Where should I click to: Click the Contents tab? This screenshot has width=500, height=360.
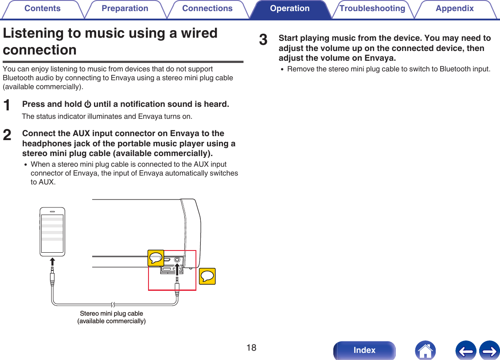[42, 9]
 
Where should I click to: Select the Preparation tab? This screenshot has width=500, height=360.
[125, 9]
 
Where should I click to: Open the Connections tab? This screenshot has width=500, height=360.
[207, 9]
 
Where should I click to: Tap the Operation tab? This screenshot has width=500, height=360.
[289, 9]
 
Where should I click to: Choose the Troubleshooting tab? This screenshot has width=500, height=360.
[372, 9]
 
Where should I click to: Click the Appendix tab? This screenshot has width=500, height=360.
[454, 9]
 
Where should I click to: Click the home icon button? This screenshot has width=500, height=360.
[425, 350]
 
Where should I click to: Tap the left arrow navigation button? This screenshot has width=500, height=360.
[465, 350]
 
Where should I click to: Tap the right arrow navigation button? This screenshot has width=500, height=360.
[489, 350]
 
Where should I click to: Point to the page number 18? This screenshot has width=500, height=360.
[251, 348]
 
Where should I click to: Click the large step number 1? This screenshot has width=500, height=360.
[7, 106]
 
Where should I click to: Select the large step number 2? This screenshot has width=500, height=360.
[7, 135]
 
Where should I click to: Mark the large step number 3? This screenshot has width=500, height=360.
[263, 40]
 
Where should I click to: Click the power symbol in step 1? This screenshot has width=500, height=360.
[88, 105]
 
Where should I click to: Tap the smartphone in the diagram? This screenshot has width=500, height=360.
[52, 231]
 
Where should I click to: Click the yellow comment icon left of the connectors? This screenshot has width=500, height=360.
[156, 258]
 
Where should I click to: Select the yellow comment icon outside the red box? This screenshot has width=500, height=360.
[207, 276]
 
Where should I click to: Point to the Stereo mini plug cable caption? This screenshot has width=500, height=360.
[111, 317]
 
